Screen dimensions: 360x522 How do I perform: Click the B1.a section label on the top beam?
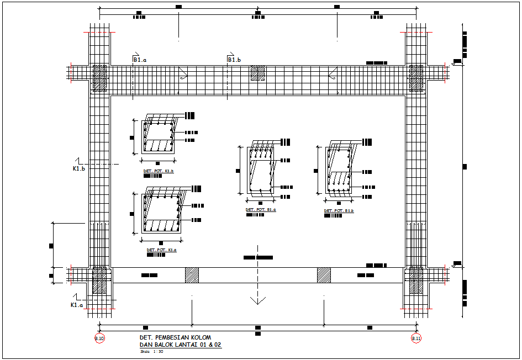139,60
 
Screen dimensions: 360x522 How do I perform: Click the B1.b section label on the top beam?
234,60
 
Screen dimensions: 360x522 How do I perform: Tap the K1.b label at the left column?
79,168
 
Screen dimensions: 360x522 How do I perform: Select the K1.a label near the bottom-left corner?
77,305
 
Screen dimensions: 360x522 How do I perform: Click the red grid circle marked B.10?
99,338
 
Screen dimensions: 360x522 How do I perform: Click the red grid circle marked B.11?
416,338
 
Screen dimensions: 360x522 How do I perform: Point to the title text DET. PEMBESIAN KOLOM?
175,337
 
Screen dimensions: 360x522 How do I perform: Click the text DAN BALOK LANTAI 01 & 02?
180,345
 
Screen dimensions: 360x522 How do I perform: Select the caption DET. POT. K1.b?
159,171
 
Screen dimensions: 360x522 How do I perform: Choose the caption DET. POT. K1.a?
161,250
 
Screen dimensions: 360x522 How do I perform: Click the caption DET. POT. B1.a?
261,210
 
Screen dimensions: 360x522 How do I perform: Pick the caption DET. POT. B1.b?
339,210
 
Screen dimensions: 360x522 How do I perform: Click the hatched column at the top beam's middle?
257,74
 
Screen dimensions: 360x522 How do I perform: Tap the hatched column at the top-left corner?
99,78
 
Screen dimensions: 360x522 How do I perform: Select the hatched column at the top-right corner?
416,78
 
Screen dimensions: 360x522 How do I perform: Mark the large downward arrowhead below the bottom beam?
256,300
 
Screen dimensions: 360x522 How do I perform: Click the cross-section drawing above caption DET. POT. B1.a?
260,170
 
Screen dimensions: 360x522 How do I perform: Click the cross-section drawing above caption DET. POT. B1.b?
339,170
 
